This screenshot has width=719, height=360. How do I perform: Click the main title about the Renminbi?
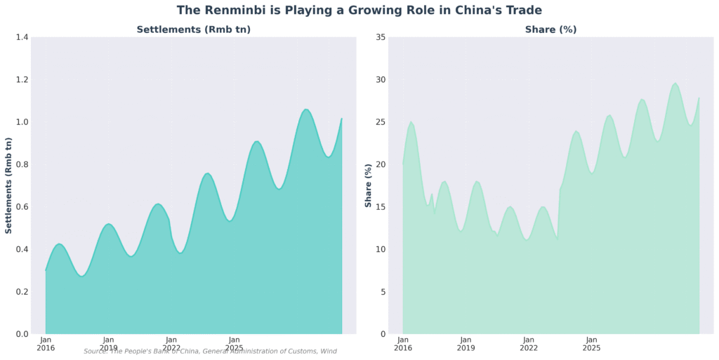359,11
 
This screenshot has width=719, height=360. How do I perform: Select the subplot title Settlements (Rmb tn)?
193,29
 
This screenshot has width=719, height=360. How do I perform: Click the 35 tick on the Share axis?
379,37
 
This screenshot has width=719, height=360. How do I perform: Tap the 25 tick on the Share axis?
379,122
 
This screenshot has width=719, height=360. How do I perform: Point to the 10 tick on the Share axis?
379,250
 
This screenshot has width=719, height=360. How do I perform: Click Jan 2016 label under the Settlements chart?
46,343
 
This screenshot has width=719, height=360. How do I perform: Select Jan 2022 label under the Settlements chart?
171,343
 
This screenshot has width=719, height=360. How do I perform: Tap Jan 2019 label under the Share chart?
466,343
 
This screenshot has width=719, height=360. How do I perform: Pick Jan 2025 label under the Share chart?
591,343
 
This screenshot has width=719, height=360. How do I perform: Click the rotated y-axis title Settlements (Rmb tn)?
9,185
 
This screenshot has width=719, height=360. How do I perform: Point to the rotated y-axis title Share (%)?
368,185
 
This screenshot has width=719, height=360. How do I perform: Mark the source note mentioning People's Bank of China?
210,352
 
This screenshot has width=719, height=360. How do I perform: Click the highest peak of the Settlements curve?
305,109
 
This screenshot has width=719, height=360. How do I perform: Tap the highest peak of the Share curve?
675,84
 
